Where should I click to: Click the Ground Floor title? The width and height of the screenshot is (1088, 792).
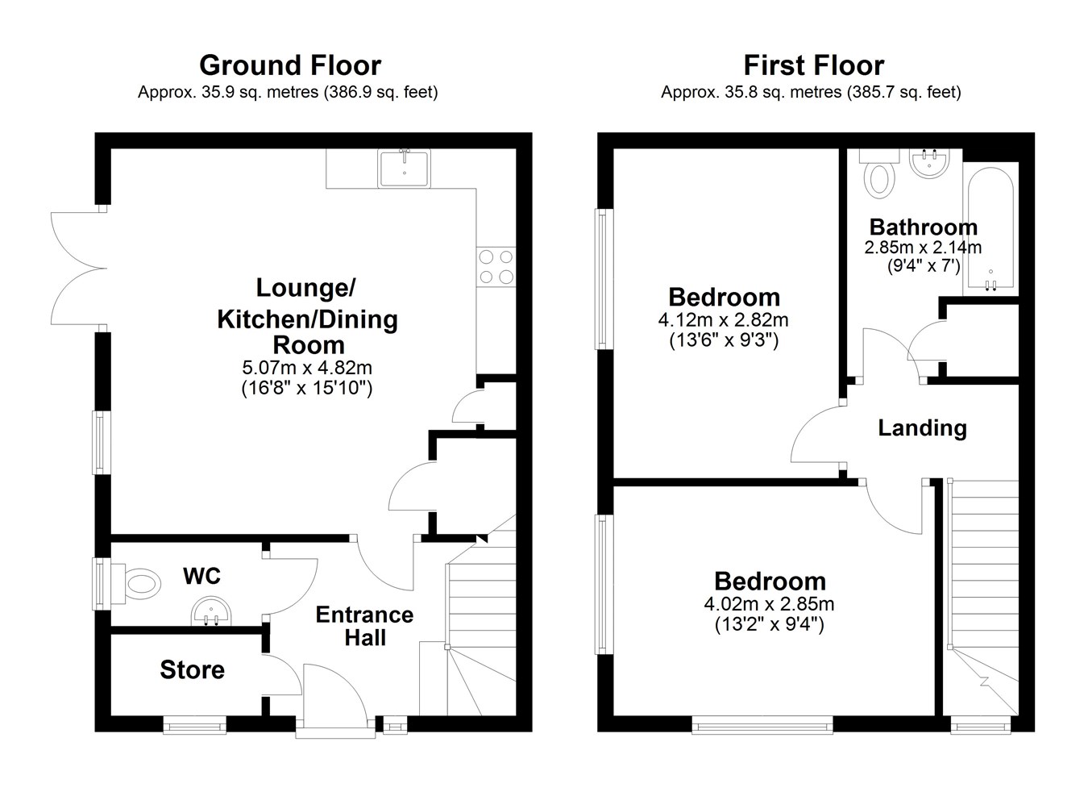click(x=290, y=65)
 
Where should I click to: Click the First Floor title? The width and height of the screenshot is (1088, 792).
click(x=813, y=65)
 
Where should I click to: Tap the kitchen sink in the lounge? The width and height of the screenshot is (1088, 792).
click(x=404, y=169)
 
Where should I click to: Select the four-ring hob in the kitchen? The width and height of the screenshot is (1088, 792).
click(x=496, y=266)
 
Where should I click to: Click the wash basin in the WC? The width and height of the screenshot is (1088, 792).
click(x=211, y=611)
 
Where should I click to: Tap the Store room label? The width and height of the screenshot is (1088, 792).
click(x=193, y=670)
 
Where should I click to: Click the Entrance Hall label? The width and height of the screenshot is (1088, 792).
click(x=365, y=626)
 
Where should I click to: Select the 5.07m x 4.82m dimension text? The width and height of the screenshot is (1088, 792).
click(x=307, y=368)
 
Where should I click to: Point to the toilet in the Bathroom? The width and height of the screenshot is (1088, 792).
click(x=879, y=173)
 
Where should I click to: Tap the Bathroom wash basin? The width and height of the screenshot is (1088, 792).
click(x=928, y=164)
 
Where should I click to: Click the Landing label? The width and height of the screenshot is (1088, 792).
click(x=922, y=427)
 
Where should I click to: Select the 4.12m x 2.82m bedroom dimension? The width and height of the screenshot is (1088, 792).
click(x=723, y=320)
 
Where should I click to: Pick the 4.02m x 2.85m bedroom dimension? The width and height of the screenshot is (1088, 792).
click(x=770, y=604)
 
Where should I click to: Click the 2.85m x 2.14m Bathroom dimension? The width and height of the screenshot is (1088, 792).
click(x=923, y=248)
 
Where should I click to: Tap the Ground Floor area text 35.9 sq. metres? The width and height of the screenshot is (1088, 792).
click(x=260, y=93)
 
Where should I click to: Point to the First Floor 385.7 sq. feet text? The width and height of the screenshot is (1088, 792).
click(x=904, y=93)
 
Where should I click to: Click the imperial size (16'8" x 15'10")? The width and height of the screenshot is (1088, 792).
click(x=307, y=388)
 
